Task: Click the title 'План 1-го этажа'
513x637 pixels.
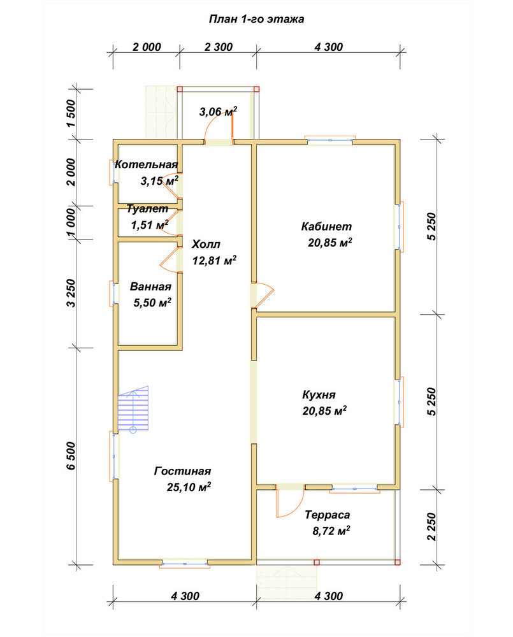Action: [x=256, y=19]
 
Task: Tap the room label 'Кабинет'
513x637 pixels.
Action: [x=326, y=226]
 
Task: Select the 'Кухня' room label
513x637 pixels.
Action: [x=319, y=395]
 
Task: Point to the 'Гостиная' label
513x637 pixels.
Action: [x=182, y=471]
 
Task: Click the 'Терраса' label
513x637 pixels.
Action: [x=327, y=515]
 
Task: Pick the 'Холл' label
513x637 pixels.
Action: [x=206, y=244]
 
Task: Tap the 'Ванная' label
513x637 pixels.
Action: [x=150, y=287]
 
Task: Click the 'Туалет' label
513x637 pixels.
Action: [x=147, y=209]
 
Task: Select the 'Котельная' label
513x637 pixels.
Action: [x=147, y=164]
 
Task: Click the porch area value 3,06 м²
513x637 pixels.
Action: [x=218, y=111]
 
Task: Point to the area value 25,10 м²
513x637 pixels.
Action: [x=189, y=487]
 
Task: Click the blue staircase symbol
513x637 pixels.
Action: [x=133, y=410]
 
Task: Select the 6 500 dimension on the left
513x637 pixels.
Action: [x=71, y=456]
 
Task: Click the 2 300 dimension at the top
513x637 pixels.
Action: [x=219, y=47]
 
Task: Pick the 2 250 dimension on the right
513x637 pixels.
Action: [x=431, y=527]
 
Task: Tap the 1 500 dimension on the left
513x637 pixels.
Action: [x=71, y=113]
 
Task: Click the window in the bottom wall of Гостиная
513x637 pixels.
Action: [x=185, y=564]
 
